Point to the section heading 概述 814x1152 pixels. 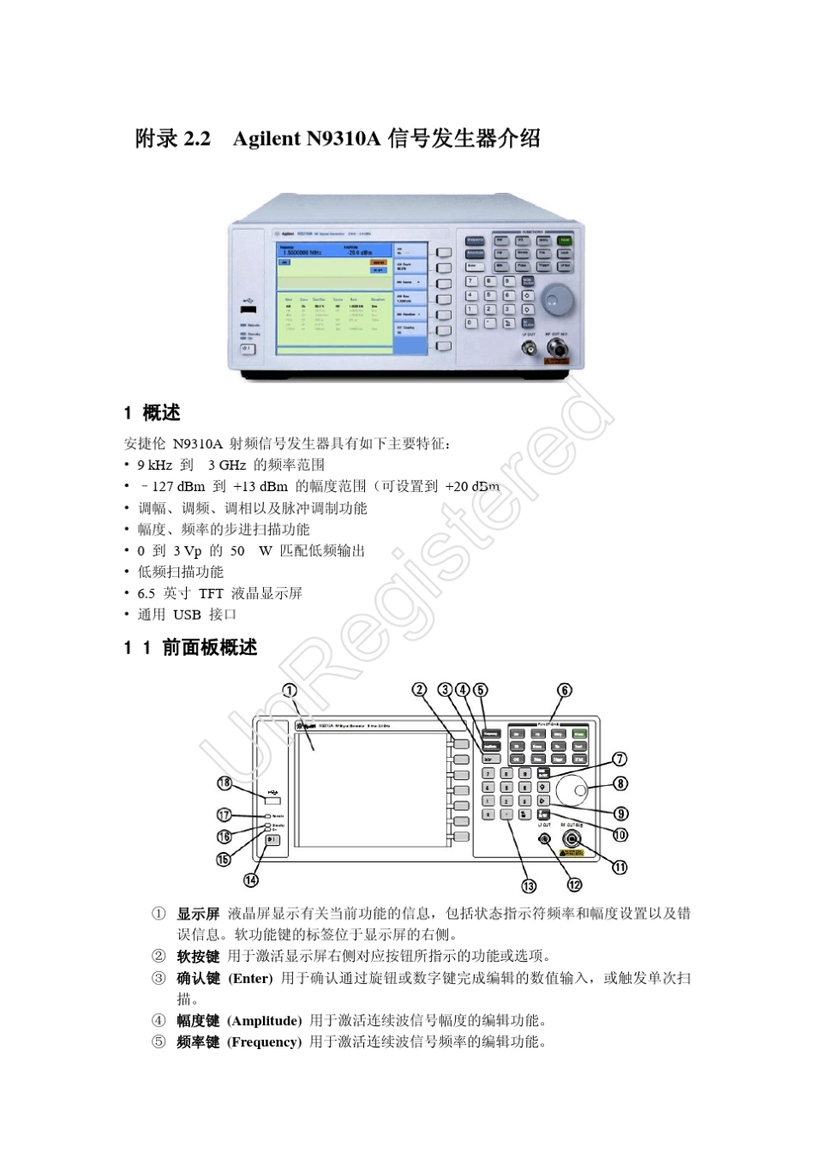pos(161,412)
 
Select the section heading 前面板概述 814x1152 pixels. pos(210,648)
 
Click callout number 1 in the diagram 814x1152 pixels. pos(290,690)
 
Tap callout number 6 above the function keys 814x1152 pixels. pos(565,690)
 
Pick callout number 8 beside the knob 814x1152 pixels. pos(621,783)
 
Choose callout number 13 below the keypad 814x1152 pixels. pos(529,885)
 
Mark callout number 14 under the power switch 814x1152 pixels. pos(251,879)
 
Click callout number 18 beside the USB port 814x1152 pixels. pos(224,782)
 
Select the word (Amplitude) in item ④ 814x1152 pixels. pos(264,1021)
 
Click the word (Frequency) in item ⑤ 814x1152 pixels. pos(264,1042)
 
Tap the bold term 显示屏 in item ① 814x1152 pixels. pos(198,914)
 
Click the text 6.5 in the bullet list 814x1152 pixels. pos(146,593)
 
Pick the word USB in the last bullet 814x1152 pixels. pos(187,615)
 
